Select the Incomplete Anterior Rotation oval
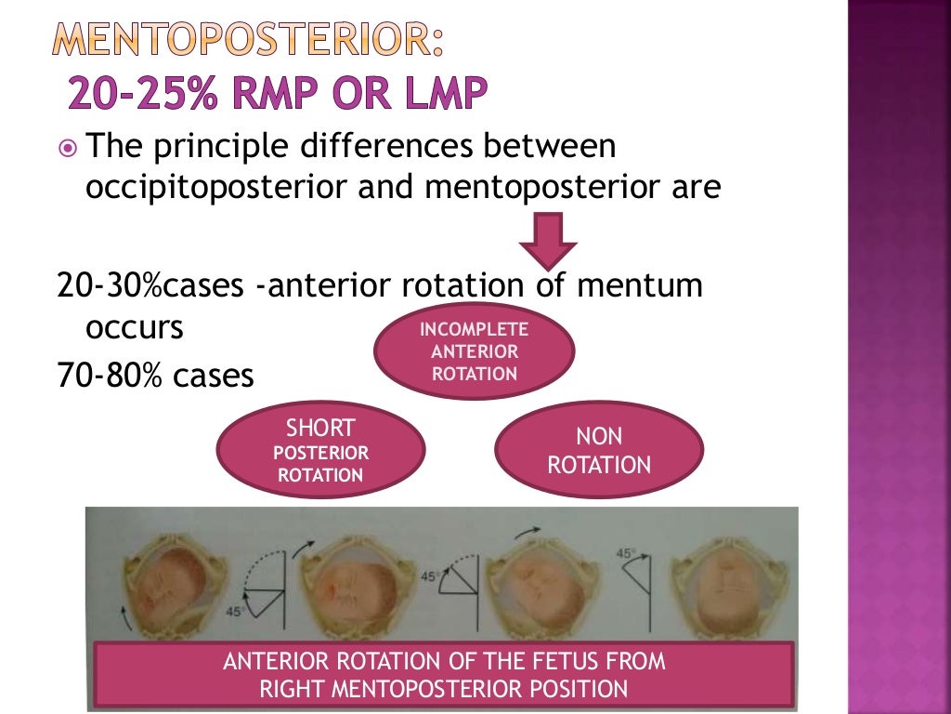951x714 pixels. pyautogui.click(x=474, y=352)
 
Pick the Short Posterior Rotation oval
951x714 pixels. pyautogui.click(x=320, y=451)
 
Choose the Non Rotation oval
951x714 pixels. pyautogui.click(x=599, y=451)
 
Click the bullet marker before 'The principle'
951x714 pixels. pyautogui.click(x=67, y=148)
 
